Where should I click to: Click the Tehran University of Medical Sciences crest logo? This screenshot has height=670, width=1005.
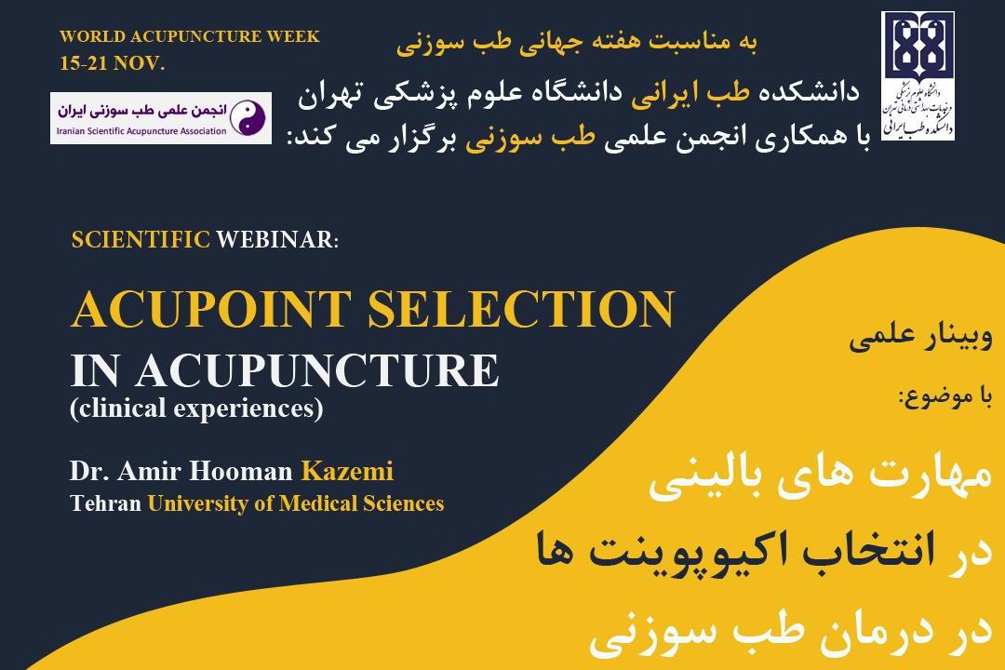pyautogui.click(x=918, y=77)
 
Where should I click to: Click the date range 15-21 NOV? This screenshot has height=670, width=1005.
pyautogui.click(x=112, y=64)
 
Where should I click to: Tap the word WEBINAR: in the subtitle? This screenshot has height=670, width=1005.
pyautogui.click(x=278, y=239)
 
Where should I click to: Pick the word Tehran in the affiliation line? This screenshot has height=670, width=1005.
pyautogui.click(x=105, y=504)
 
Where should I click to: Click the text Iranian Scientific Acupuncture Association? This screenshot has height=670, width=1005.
pyautogui.click(x=141, y=131)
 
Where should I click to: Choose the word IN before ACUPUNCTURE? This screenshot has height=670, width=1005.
pyautogui.click(x=97, y=369)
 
